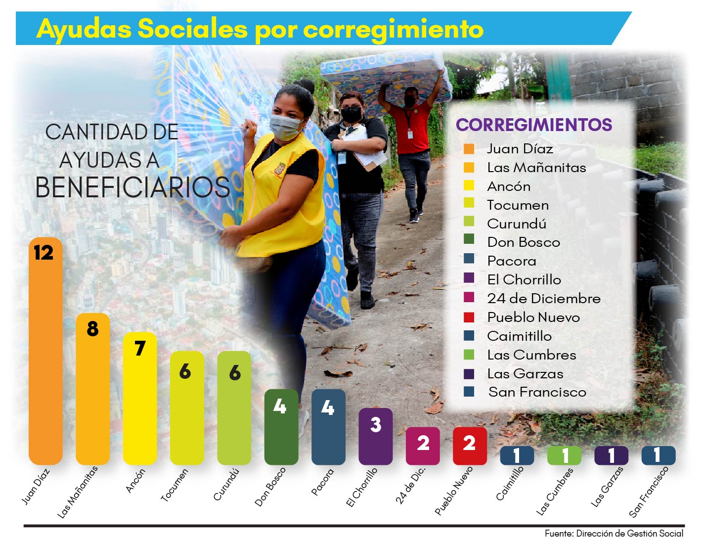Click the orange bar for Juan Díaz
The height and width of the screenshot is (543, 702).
pyautogui.click(x=45, y=356)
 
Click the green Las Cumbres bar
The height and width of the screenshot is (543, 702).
pyautogui.click(x=564, y=455)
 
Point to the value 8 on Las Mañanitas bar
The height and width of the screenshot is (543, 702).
pyautogui.click(x=92, y=329)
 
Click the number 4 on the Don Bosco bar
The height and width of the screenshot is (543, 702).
pyautogui.click(x=280, y=407)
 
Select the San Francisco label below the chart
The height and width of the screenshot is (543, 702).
pyautogui.click(x=648, y=492)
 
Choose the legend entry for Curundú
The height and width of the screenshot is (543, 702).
pyautogui.click(x=516, y=224)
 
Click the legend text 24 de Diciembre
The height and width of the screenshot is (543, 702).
pyautogui.click(x=543, y=299)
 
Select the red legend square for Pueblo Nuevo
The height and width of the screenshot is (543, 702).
pyautogui.click(x=469, y=317)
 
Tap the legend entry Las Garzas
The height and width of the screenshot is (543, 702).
pyautogui.click(x=525, y=374)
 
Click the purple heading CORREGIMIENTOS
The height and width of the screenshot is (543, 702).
pyautogui.click(x=534, y=125)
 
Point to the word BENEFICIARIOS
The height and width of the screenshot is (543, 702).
pyautogui.click(x=132, y=187)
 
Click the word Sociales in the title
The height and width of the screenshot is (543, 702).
pyautogui.click(x=192, y=29)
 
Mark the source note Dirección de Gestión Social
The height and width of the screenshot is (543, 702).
pyautogui.click(x=629, y=534)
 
